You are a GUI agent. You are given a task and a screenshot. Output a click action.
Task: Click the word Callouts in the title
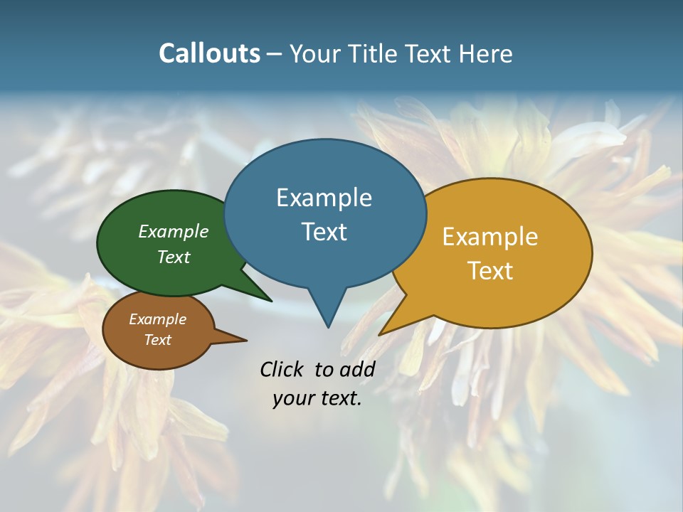[x=209, y=53]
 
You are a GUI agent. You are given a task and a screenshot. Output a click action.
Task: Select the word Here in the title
[x=485, y=53]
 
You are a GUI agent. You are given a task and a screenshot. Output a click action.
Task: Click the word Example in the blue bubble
[x=324, y=198]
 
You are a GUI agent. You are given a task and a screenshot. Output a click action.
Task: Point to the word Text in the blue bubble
[x=324, y=232]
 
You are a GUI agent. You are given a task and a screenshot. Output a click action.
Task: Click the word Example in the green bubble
[x=174, y=231]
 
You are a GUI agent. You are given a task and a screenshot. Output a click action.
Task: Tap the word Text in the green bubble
[x=174, y=257]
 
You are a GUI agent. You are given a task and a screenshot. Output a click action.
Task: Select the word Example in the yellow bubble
[x=489, y=237]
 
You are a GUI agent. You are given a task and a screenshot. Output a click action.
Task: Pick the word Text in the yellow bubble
[x=489, y=271]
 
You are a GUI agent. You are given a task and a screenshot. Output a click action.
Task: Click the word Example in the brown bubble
[x=157, y=319]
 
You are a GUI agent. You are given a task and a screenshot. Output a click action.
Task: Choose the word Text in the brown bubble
[x=157, y=340]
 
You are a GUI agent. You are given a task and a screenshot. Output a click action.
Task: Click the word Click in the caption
[x=282, y=369]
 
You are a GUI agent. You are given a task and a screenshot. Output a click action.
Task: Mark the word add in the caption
[x=357, y=369]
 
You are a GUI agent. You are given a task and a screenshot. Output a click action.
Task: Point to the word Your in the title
[x=313, y=53]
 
